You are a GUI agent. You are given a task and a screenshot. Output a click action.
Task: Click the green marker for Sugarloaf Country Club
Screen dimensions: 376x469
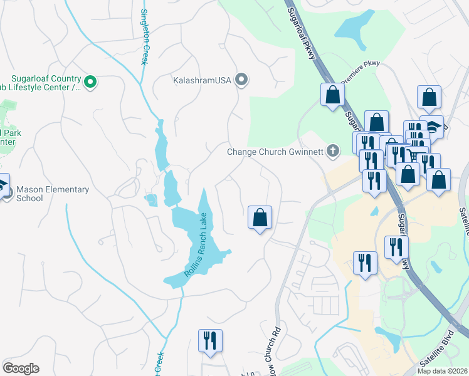pyautogui.click(x=90, y=81)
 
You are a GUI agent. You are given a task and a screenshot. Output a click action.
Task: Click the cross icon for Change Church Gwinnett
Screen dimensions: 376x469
pyautogui.click(x=332, y=150)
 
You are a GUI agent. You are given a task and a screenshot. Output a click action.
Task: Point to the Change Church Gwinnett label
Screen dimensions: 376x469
pyautogui.click(x=274, y=151)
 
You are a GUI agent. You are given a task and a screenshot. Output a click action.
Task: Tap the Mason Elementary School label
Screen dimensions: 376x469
pyautogui.click(x=53, y=194)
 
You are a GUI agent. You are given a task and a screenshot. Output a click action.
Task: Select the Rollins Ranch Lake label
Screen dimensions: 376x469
pyautogui.click(x=196, y=246)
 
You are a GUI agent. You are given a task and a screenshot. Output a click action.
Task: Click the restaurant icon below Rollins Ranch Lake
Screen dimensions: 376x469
pyautogui.click(x=209, y=341)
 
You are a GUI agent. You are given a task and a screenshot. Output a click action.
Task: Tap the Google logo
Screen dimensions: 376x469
pyautogui.click(x=21, y=368)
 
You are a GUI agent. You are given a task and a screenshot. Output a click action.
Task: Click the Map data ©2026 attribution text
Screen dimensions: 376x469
pyautogui.click(x=443, y=371)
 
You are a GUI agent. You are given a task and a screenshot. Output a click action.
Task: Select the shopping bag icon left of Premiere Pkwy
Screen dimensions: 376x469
pyautogui.click(x=332, y=96)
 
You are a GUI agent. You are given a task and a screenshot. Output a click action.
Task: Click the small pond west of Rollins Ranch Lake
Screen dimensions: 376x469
pyautogui.click(x=150, y=200)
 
